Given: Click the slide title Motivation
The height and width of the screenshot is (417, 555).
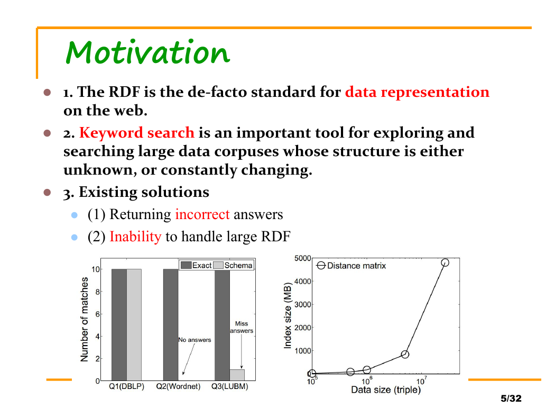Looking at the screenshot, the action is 148,52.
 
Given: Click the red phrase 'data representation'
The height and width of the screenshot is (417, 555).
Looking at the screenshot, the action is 418,92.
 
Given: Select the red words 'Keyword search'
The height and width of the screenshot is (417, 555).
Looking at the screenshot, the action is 136,133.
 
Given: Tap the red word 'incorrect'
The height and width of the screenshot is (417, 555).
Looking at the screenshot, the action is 202,214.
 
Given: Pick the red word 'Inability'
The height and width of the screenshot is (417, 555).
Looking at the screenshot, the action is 135,237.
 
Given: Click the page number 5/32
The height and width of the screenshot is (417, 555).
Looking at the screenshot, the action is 511,398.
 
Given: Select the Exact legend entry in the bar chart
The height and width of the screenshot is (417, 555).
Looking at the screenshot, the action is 196,265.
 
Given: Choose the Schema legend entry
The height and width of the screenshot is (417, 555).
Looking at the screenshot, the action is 233,265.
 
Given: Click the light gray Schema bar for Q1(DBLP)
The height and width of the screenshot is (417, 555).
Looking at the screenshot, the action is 134,324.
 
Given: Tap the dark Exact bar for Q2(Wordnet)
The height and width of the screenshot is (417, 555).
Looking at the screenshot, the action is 171,324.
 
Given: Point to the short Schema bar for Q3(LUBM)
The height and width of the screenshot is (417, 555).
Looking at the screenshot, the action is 237,375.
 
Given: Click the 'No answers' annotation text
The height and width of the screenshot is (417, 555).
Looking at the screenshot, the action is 195,340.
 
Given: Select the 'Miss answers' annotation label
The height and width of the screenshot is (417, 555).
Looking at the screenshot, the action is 242,327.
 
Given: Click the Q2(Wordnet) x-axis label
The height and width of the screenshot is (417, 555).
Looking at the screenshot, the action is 178,386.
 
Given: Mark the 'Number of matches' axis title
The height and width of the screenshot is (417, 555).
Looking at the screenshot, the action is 84,319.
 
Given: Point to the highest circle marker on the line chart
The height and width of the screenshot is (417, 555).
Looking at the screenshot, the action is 445,262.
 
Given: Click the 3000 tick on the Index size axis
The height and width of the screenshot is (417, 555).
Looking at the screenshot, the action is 303,304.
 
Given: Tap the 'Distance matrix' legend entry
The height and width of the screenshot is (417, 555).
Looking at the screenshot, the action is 351,266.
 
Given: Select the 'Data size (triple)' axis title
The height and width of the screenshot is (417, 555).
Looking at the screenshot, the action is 386,389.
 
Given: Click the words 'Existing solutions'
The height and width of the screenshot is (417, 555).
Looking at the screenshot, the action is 144,192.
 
